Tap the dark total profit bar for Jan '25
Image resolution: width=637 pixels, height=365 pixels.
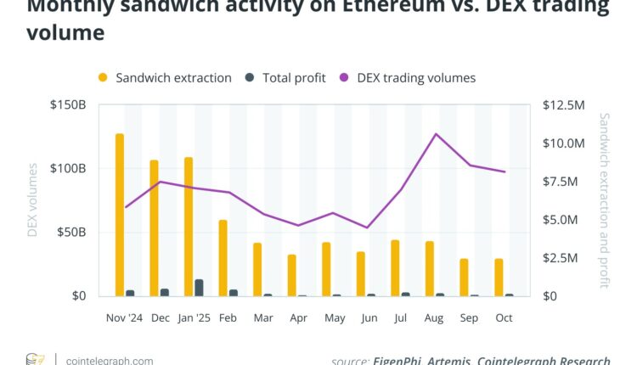tap(199, 288)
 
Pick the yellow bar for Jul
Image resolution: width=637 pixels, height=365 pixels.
tap(395, 268)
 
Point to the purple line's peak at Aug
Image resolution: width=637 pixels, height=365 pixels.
tap(436, 134)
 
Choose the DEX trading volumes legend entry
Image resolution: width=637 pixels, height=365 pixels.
tap(416, 78)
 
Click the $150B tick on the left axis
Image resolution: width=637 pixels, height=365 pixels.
tap(68, 105)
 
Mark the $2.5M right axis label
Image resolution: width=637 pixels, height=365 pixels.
tap(561, 258)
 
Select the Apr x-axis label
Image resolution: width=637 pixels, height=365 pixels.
tap(297, 317)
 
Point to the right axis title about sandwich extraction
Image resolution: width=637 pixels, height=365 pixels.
tap(605, 201)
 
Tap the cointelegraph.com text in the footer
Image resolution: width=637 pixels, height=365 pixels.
tap(109, 361)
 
